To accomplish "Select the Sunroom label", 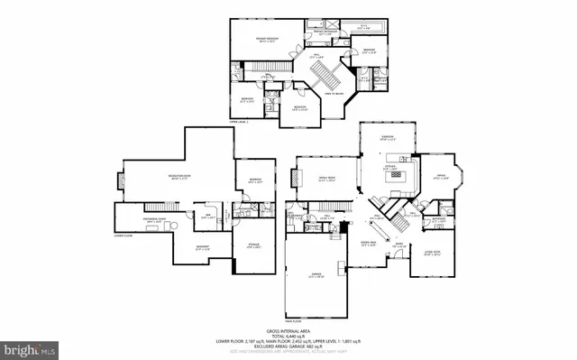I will click(x=388, y=138).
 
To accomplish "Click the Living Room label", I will click(x=433, y=254).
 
